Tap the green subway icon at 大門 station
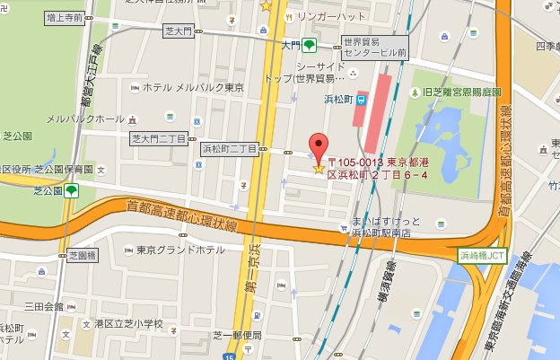309,45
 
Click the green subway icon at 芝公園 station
70,191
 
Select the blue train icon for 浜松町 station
362,99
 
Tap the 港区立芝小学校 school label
128,323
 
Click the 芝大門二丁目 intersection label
158,139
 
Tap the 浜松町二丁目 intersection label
231,149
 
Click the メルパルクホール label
85,119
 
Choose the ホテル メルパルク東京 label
193,87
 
